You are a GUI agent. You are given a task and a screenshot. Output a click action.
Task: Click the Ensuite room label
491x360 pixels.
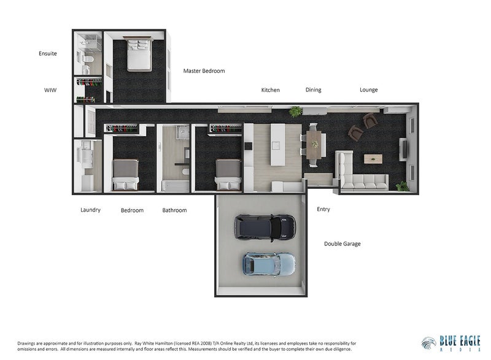48,53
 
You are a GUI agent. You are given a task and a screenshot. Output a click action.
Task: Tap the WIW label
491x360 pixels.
50,90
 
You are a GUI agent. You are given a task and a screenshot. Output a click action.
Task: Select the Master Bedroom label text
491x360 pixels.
204,71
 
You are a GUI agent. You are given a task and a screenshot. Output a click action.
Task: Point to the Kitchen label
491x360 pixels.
270,90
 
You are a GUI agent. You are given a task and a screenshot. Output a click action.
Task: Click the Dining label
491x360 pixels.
313,90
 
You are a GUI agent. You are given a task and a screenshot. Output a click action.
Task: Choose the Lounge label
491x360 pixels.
369,90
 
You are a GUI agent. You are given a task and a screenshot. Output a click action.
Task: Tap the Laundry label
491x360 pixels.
90,210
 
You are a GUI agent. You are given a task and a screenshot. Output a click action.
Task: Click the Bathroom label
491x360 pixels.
174,210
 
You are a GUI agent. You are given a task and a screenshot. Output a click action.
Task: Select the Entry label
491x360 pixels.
323,209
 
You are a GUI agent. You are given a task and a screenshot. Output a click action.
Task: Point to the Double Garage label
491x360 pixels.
342,243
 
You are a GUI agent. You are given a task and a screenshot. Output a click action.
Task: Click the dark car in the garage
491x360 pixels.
265,228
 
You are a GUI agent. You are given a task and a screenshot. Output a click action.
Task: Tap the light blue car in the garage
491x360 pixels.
269,265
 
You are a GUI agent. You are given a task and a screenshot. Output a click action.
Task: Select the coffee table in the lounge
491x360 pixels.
373,159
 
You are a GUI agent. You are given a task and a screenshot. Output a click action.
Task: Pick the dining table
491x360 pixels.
314,144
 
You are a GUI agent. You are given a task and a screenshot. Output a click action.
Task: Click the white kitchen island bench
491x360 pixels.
278,145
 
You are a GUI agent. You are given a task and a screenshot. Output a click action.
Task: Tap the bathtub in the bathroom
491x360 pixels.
176,186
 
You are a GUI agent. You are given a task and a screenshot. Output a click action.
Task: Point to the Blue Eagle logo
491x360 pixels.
450,343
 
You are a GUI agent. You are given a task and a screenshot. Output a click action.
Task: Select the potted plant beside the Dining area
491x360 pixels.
295,112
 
